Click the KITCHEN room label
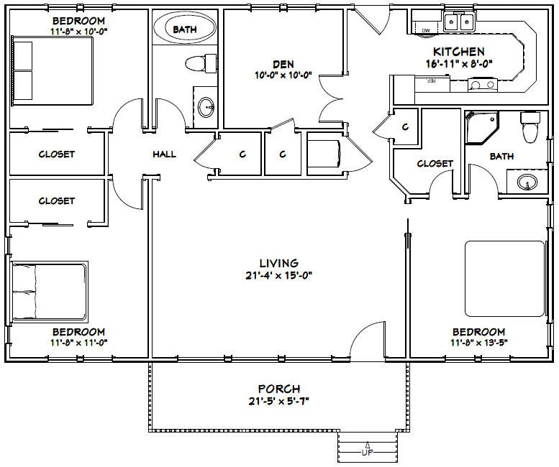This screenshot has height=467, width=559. click(458, 52)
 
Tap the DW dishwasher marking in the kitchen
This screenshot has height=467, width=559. click(425, 29)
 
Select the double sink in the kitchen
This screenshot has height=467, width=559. click(458, 22)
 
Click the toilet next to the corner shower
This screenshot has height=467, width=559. click(530, 128)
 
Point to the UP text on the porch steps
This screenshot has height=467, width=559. click(367, 453)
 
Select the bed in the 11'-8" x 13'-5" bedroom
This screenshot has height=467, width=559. click(504, 278)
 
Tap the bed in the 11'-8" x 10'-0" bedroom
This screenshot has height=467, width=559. click(51, 71)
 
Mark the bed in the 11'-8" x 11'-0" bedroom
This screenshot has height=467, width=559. click(49, 291)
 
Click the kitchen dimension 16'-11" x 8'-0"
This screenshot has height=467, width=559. click(458, 63)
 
